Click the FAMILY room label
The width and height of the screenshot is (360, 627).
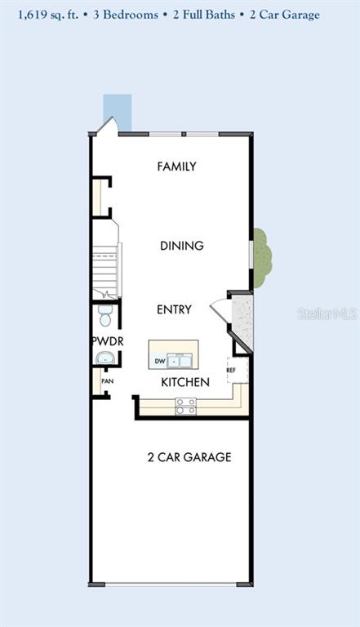(177, 167)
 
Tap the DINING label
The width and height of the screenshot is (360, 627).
(182, 246)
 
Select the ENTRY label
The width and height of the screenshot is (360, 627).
(174, 309)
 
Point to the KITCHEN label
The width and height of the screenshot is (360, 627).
(185, 382)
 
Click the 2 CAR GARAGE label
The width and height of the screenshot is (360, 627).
(189, 457)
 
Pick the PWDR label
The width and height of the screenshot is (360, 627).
(108, 341)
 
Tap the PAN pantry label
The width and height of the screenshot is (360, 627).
(107, 381)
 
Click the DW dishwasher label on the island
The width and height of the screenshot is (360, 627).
(160, 362)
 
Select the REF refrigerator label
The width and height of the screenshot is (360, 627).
(231, 371)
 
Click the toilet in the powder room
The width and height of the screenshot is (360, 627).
(105, 315)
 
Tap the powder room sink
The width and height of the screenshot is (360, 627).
(105, 358)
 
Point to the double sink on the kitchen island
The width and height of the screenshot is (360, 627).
(180, 361)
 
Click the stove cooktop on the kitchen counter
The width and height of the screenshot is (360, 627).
(186, 407)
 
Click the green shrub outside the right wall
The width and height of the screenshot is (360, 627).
(262, 258)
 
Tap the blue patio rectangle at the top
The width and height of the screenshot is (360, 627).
(118, 113)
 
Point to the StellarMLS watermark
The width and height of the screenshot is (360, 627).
(327, 314)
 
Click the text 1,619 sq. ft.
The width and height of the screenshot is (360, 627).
(48, 16)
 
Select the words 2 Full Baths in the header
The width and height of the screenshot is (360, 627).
(204, 15)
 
